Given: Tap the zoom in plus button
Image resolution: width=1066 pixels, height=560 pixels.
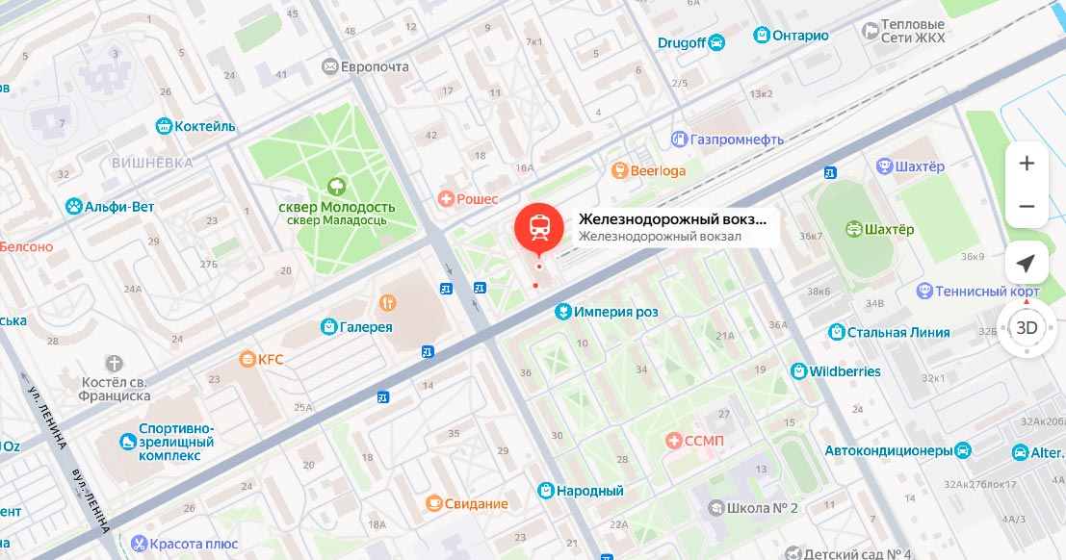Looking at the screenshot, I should [1027, 164].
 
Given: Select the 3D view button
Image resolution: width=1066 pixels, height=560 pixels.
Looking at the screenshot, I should [1027, 327].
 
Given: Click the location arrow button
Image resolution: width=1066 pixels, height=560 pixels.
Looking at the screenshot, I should [1027, 264].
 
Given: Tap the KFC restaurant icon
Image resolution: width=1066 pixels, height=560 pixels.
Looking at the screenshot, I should [247, 360].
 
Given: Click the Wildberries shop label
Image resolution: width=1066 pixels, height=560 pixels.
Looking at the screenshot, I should [845, 371].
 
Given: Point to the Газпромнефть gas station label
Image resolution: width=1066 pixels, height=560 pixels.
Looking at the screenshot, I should [737, 140].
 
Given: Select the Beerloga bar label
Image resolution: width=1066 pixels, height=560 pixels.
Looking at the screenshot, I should [658, 171].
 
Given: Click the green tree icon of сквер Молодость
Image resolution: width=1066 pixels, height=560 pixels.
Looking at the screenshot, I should [336, 186].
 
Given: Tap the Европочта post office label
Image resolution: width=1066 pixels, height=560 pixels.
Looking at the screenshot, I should [376, 67].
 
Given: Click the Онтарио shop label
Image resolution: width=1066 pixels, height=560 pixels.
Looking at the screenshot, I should [799, 36].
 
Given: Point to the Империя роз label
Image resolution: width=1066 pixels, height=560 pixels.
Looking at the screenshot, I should [616, 312].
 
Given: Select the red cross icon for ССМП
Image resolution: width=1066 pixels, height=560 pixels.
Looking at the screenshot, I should [674, 441].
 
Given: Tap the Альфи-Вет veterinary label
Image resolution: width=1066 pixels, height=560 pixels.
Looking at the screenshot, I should [118, 206].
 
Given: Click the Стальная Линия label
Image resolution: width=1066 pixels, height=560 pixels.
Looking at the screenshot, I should [898, 333].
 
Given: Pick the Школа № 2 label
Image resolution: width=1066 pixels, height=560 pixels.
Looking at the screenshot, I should [764, 508].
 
